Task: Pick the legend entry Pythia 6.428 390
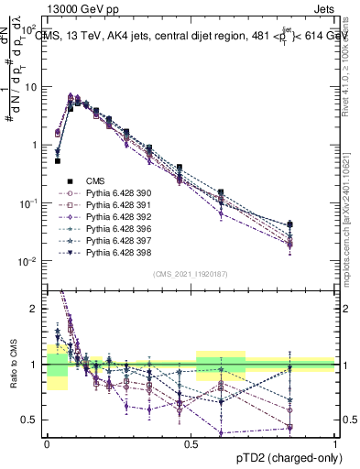coord(95,193)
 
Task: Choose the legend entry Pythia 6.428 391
coord(95,205)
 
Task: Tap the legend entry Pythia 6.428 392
coord(95,217)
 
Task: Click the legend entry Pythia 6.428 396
coord(95,229)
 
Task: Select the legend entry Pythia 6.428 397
coord(95,241)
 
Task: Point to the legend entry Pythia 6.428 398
coord(95,253)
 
